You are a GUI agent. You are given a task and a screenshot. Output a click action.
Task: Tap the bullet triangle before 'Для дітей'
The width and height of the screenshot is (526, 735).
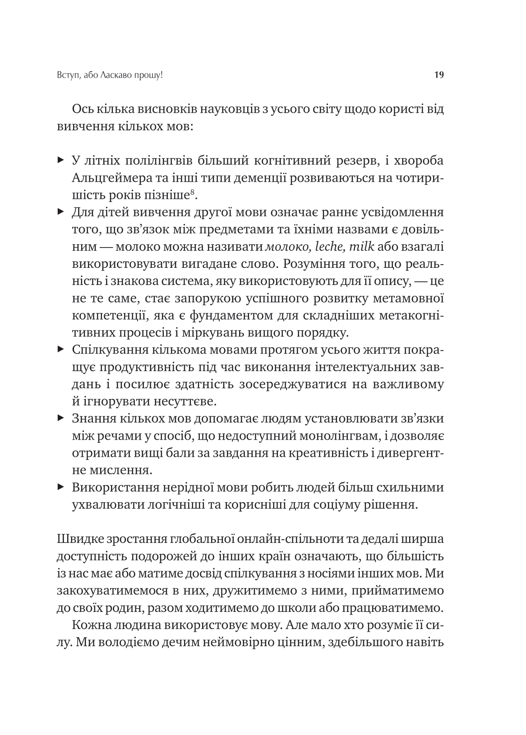point(61,211)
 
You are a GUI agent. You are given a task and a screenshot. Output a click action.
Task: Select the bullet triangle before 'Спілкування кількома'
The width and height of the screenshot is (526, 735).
point(61,349)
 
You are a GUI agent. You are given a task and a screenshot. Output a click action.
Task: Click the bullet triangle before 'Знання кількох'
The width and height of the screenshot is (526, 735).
point(61,418)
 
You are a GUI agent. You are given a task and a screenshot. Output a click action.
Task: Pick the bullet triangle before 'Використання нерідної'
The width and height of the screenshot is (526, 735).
point(61,487)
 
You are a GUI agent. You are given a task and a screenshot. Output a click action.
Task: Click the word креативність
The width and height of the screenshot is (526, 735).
point(323,453)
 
